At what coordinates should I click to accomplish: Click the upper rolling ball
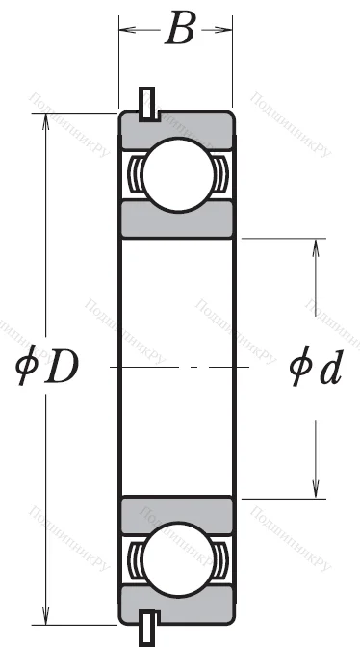click(x=175, y=172)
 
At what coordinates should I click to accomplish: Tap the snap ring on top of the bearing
click(x=147, y=103)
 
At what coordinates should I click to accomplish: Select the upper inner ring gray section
click(x=175, y=220)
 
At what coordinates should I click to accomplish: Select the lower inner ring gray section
click(x=175, y=513)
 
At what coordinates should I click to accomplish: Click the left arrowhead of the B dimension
click(x=123, y=30)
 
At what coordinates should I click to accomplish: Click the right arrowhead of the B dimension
click(x=228, y=30)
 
